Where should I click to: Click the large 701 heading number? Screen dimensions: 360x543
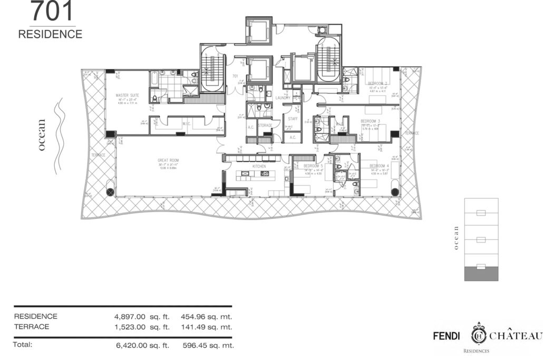click(x=52, y=12)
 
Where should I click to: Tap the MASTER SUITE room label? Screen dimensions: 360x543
click(x=127, y=95)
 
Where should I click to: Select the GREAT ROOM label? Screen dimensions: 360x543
click(x=168, y=160)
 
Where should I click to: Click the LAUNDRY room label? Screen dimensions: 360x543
click(x=282, y=98)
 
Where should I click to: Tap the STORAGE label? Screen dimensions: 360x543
click(x=265, y=125)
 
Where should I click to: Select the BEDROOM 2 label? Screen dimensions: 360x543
click(x=378, y=84)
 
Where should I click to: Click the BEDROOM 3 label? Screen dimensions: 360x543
click(x=371, y=121)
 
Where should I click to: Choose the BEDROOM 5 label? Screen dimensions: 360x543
click(x=313, y=166)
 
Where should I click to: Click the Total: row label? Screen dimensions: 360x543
click(x=23, y=345)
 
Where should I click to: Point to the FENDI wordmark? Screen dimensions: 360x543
click(x=446, y=336)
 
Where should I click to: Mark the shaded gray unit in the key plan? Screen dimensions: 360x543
click(x=480, y=273)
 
